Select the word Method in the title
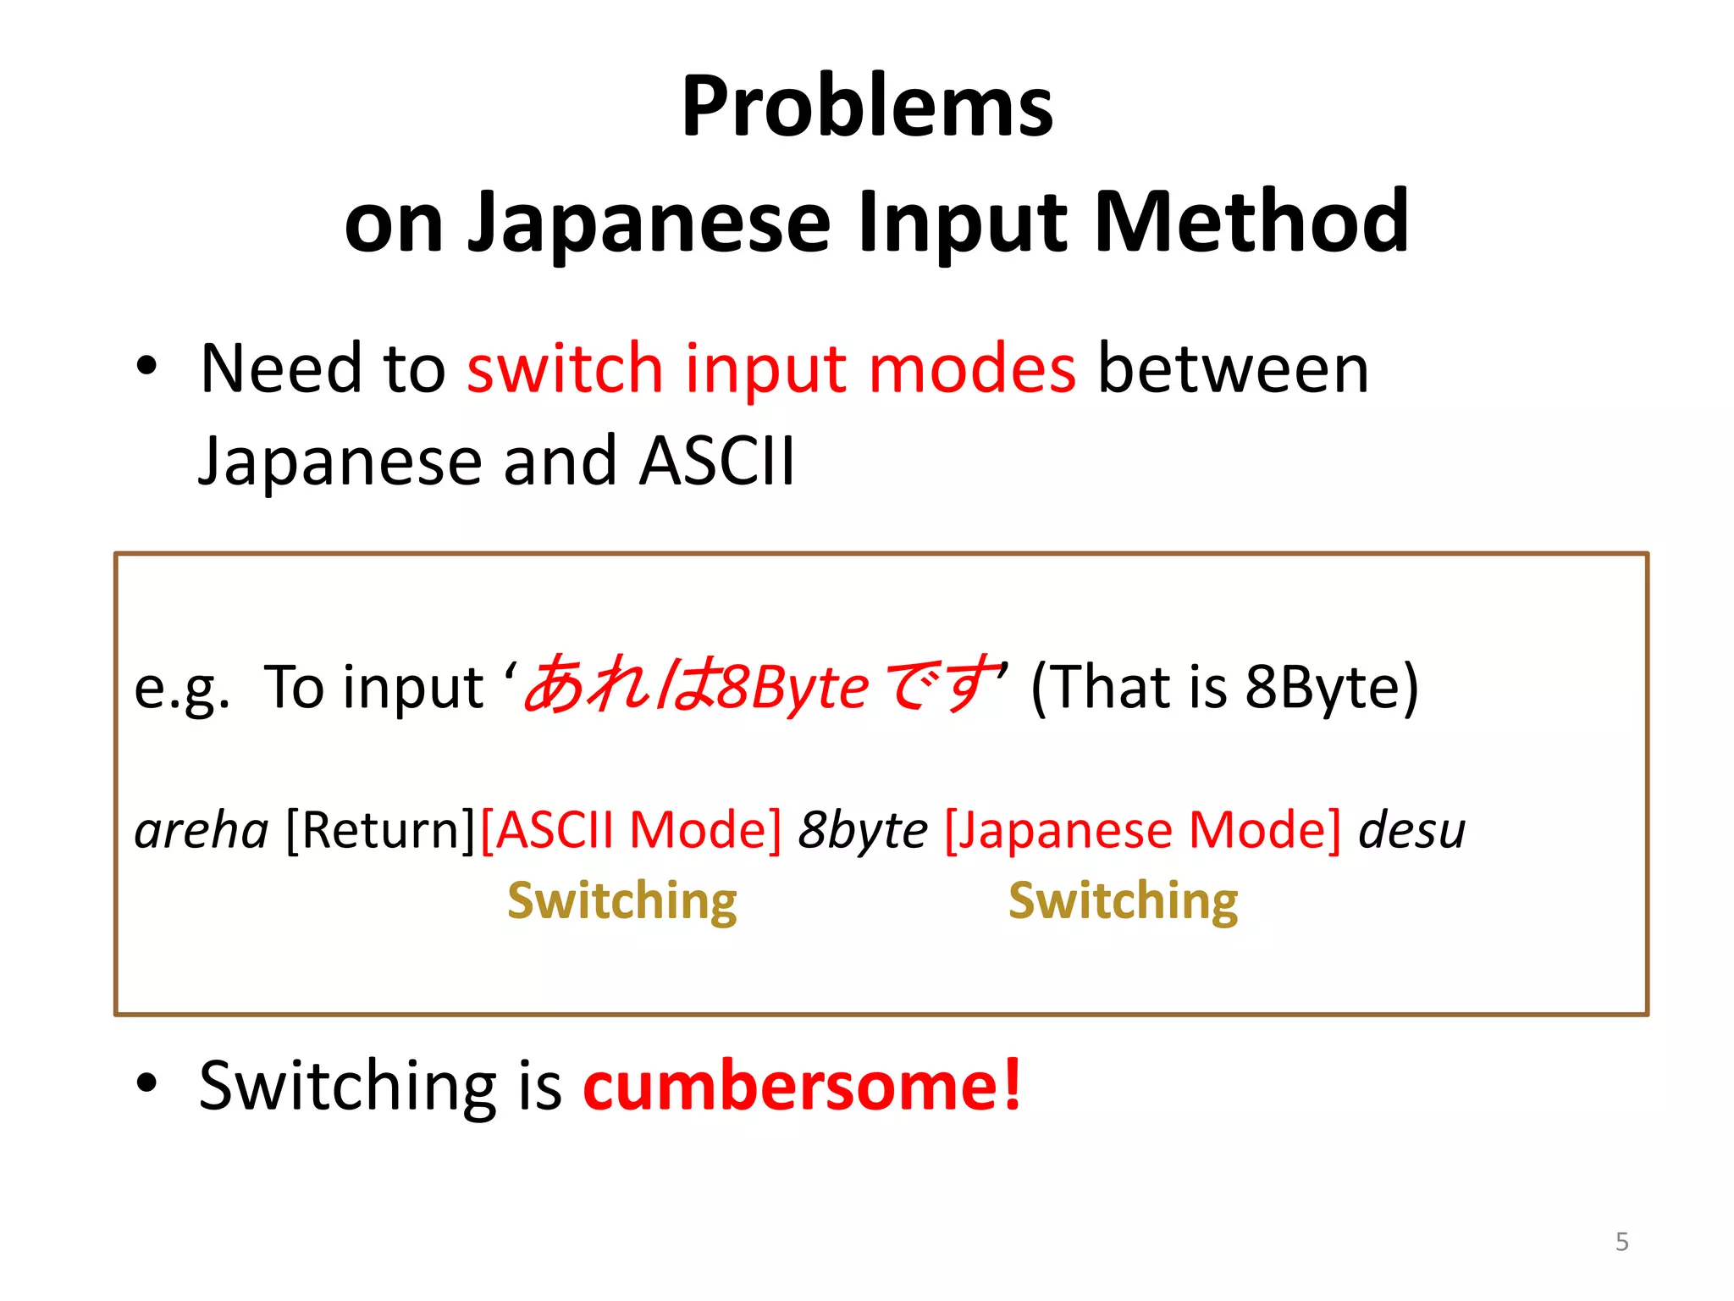tap(1251, 222)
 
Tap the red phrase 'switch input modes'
tap(770, 369)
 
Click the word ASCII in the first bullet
tap(717, 462)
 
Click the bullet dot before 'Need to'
tap(146, 367)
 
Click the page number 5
tap(1621, 1242)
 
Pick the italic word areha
tap(202, 830)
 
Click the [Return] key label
tap(381, 830)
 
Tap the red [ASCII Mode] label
tap(631, 830)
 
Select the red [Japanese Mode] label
tap(1142, 830)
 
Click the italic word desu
tap(1411, 830)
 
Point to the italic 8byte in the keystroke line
tap(863, 830)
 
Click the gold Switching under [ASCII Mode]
tap(622, 900)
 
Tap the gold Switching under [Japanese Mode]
tap(1123, 900)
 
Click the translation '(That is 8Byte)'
tap(1223, 686)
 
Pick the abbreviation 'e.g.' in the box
tap(181, 688)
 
